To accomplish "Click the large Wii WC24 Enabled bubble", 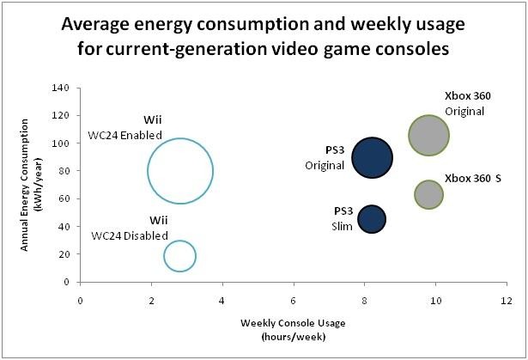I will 179,171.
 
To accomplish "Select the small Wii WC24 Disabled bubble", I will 179,255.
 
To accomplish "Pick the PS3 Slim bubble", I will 372,219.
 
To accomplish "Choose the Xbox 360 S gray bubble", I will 428,194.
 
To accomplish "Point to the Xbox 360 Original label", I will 464,103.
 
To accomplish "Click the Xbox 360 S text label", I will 468,179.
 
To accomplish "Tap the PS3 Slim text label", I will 343,218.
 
